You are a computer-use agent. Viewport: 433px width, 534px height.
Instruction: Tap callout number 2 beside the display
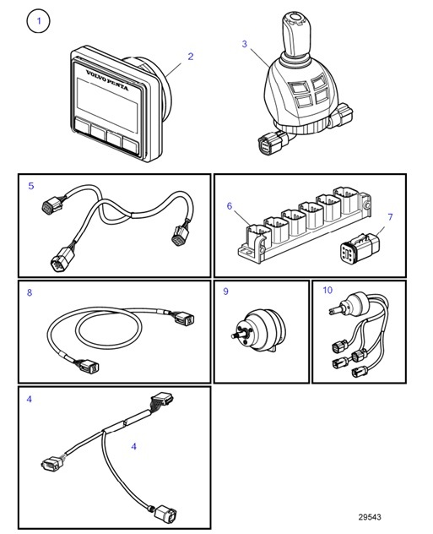click(x=191, y=57)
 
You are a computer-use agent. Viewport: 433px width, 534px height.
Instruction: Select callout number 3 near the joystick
click(x=245, y=44)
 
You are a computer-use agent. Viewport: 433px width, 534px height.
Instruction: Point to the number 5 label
click(x=30, y=186)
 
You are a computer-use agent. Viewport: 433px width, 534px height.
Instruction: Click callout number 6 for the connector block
click(x=229, y=205)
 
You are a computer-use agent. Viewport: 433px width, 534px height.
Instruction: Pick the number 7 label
click(x=390, y=218)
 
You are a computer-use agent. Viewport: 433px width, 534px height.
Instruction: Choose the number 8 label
click(x=30, y=293)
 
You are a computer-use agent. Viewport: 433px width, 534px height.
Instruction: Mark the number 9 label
click(x=225, y=292)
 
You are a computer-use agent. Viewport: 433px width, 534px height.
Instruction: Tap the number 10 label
click(x=327, y=291)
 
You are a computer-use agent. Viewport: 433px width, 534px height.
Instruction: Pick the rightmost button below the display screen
click(x=131, y=142)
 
